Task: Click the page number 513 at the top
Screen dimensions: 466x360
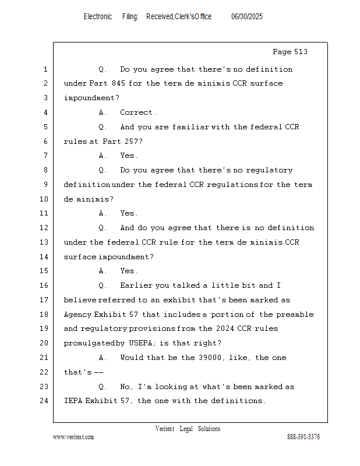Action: (301, 52)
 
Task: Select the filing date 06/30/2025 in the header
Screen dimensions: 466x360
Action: (247, 17)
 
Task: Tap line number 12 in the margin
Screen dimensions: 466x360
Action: (45, 228)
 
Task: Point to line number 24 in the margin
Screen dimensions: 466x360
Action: (45, 401)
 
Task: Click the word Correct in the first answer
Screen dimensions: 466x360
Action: (137, 112)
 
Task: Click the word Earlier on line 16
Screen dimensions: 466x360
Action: (136, 285)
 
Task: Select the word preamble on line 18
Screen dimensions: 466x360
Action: (294, 315)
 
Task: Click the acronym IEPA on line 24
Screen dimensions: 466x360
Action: (73, 401)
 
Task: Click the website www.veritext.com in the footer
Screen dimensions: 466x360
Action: (73, 437)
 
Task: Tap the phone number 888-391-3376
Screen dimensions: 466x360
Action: (303, 437)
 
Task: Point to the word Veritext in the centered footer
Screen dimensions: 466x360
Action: (164, 429)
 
